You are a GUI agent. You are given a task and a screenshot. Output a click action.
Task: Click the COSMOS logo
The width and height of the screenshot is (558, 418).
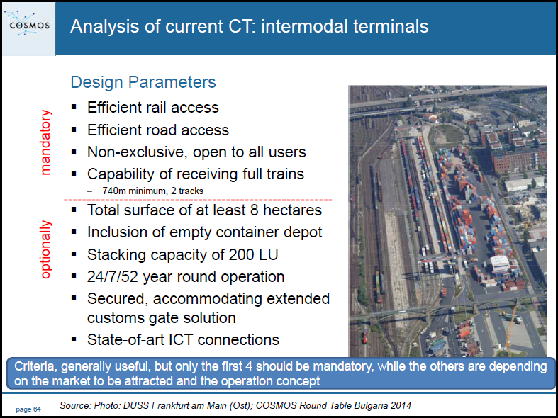[29, 24]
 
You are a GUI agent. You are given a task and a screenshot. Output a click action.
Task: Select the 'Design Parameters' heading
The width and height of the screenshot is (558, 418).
[143, 82]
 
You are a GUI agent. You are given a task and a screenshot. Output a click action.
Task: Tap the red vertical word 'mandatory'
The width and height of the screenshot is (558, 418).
[46, 142]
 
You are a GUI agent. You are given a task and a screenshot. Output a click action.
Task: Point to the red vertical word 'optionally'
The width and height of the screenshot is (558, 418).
[46, 249]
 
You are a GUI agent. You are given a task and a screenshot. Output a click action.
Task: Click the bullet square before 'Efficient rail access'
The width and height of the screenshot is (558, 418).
[74, 107]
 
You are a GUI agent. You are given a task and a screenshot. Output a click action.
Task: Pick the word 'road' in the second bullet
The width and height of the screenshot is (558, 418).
[160, 130]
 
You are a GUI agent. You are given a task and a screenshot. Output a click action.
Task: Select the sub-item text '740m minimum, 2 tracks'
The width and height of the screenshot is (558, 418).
[153, 191]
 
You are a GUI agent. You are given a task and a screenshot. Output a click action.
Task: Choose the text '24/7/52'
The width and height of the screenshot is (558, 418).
[113, 277]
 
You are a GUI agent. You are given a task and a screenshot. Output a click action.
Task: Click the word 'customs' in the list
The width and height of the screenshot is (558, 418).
[116, 318]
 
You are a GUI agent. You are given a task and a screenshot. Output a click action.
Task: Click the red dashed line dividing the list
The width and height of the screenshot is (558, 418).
[198, 200]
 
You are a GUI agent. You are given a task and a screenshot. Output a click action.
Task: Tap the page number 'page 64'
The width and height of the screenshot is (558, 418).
[28, 409]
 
